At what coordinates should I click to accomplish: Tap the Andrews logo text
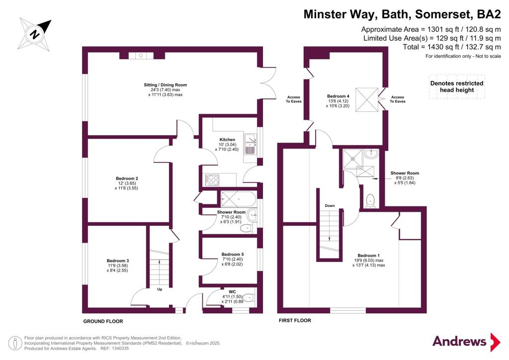coord(459,341)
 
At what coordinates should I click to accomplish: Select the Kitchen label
coord(227,140)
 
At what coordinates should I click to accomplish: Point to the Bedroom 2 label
coord(127,179)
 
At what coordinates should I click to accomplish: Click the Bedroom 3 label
coord(118,261)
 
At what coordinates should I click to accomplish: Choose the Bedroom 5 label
coord(232,255)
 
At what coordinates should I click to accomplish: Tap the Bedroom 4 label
coord(338,96)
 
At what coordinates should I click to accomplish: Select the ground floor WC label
coord(232,292)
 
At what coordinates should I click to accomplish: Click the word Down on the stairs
coord(329,205)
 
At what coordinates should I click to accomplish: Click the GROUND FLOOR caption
coord(103,321)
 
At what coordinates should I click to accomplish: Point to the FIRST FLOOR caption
coord(295,321)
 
